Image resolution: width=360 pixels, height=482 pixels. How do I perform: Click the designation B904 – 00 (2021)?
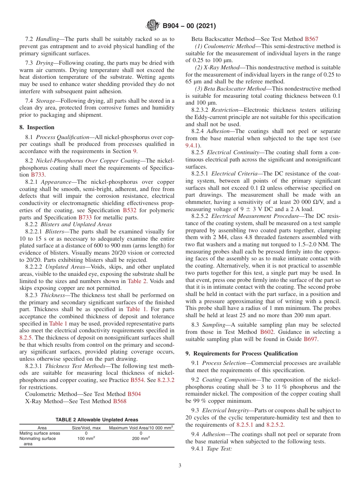[x=189, y=26]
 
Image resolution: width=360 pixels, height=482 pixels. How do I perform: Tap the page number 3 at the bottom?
[x=180, y=465]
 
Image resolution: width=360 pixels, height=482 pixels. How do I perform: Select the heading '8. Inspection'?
[x=37, y=127]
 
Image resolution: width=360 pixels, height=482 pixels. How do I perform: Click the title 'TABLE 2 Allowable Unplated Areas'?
[x=97, y=419]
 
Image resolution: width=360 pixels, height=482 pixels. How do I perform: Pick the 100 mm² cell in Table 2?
[x=86, y=438]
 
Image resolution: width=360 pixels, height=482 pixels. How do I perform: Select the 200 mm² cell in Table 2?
[x=141, y=438]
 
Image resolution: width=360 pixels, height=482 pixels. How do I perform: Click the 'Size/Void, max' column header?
[x=86, y=428]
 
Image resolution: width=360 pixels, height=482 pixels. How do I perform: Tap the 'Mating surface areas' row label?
[x=40, y=433]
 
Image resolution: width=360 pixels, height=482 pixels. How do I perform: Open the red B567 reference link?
[x=311, y=39]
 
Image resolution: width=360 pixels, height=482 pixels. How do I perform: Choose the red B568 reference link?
[x=119, y=401]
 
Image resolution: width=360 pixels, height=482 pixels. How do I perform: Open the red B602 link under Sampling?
[x=265, y=332]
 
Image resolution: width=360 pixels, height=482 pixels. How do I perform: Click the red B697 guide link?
[x=311, y=339]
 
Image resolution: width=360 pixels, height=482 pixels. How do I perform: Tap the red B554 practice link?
[x=138, y=380]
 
